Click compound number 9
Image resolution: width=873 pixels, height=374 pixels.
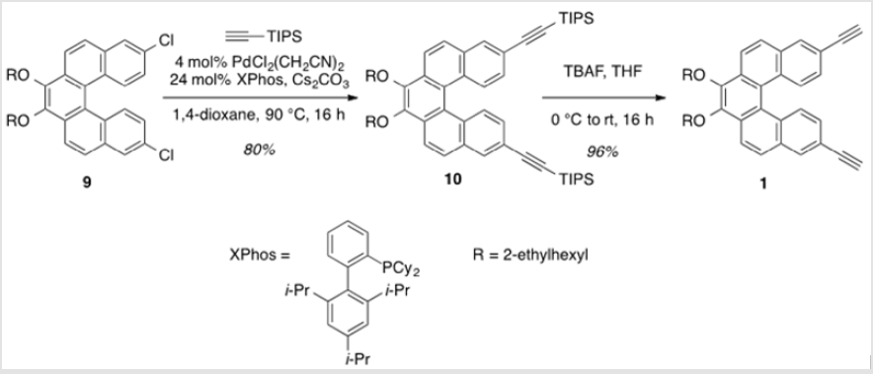(88, 183)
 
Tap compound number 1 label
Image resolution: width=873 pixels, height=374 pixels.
(763, 184)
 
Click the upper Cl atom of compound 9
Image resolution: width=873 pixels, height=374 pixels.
(167, 40)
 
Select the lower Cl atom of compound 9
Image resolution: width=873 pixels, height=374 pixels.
(167, 157)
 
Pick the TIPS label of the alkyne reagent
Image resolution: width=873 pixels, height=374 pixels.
(284, 37)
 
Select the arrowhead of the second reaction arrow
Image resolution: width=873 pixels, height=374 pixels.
(660, 98)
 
